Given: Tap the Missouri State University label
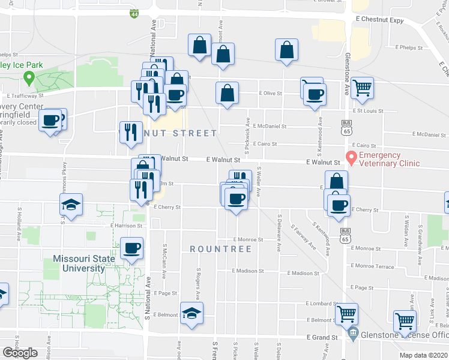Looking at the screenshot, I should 79,263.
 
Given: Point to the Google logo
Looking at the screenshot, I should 20,353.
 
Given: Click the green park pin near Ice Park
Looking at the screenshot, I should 28,77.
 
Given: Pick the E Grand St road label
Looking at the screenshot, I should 322,338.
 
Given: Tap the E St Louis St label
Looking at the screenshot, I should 369,111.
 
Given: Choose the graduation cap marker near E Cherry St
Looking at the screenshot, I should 71,205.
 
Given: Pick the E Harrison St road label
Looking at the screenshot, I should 126,226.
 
